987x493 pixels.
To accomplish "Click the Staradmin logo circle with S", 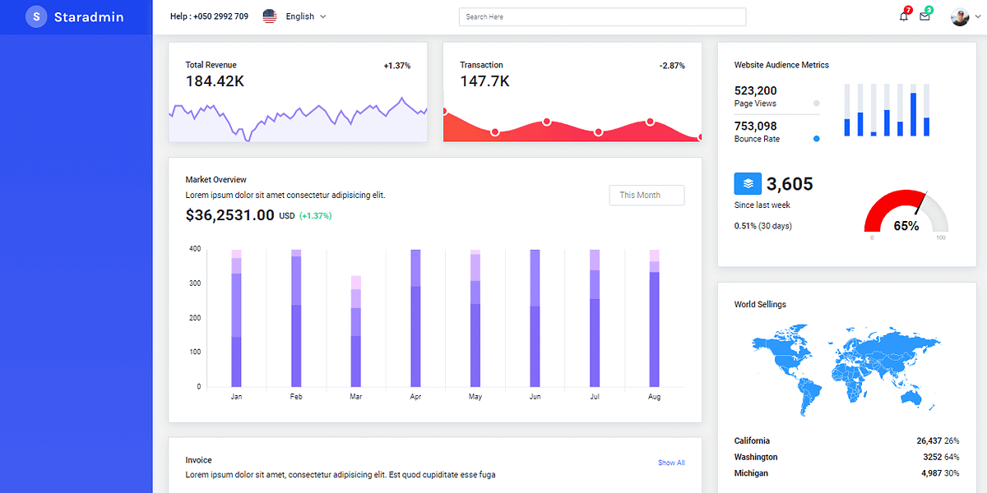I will click(x=36, y=16).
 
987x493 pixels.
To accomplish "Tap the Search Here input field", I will click(x=602, y=16).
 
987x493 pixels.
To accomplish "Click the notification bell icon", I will click(x=904, y=16).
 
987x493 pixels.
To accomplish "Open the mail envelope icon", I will click(x=924, y=16).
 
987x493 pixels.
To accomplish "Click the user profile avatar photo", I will click(x=959, y=16).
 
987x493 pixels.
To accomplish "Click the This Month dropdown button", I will click(x=646, y=195).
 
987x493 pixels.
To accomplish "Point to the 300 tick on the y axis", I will click(x=194, y=283).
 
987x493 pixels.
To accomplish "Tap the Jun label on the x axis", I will click(x=535, y=397).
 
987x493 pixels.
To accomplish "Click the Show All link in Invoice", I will click(x=671, y=463).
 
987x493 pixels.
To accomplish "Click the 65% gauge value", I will click(x=906, y=226).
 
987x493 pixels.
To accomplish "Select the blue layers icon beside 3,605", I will click(x=748, y=183).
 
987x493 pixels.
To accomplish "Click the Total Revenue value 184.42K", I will click(x=215, y=81).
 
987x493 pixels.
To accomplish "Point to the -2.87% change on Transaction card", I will click(x=672, y=66).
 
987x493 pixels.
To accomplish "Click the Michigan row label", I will click(x=751, y=473).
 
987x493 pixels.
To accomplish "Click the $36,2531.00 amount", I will click(x=230, y=215).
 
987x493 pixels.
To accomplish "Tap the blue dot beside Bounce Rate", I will click(x=816, y=139).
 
